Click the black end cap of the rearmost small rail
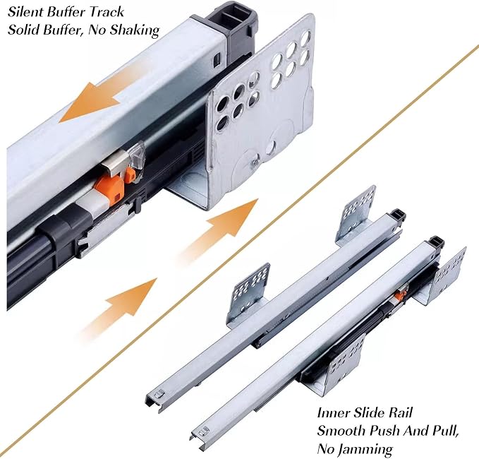(398, 215)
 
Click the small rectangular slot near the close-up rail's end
(217, 57)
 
